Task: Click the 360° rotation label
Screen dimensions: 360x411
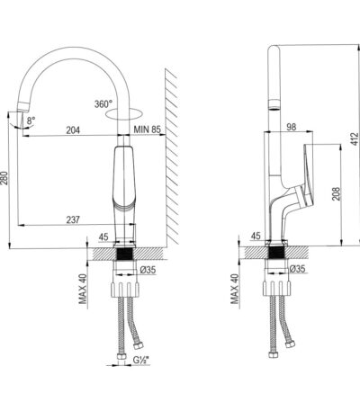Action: click(103, 104)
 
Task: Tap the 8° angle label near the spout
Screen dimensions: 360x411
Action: click(31, 121)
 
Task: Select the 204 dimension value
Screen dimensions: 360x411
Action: click(73, 130)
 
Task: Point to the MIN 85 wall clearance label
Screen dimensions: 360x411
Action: click(148, 130)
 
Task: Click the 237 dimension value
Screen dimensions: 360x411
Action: click(73, 219)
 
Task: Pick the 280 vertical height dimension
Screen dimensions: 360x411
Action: click(4, 179)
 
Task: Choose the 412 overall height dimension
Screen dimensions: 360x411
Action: click(355, 138)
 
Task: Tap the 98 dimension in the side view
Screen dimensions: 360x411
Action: click(291, 127)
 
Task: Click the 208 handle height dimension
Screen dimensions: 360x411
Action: click(337, 193)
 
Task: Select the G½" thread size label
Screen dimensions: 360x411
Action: click(141, 361)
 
